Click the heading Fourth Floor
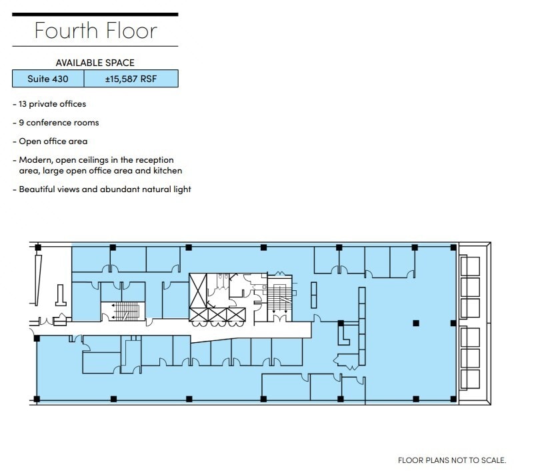pyautogui.click(x=95, y=31)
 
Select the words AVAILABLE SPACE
pyautogui.click(x=95, y=63)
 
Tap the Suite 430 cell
pyautogui.click(x=48, y=79)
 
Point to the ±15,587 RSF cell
pyautogui.click(x=131, y=79)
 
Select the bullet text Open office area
pyautogui.click(x=53, y=141)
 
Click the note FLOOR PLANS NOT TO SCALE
pyautogui.click(x=452, y=460)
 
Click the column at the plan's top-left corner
pyautogui.click(x=37, y=248)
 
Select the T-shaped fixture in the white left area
pyautogui.click(x=60, y=298)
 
